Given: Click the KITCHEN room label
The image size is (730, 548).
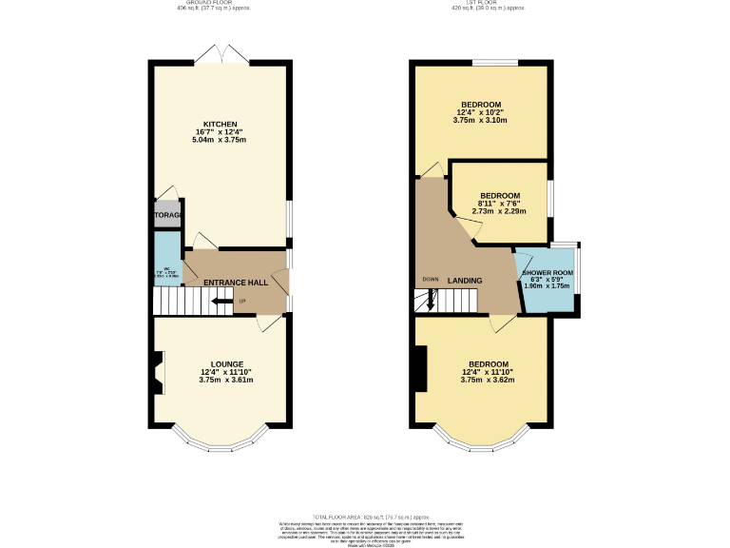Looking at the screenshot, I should click(x=220, y=124).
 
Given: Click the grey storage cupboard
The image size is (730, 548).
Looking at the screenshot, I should click(x=167, y=214).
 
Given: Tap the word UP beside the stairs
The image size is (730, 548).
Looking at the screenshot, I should click(x=241, y=303).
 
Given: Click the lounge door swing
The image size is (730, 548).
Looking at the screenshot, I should click(x=269, y=324).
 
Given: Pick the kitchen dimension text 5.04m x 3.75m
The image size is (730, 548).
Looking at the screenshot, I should click(x=220, y=140).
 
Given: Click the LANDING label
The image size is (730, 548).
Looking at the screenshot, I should click(x=466, y=281).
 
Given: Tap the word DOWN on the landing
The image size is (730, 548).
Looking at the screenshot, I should click(x=431, y=280).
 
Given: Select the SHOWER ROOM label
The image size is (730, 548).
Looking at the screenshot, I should click(x=546, y=273).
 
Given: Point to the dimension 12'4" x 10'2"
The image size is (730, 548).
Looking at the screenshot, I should click(x=481, y=112).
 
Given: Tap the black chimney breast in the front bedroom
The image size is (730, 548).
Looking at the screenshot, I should click(x=419, y=369).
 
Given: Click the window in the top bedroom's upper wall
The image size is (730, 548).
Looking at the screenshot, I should click(x=494, y=63).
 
